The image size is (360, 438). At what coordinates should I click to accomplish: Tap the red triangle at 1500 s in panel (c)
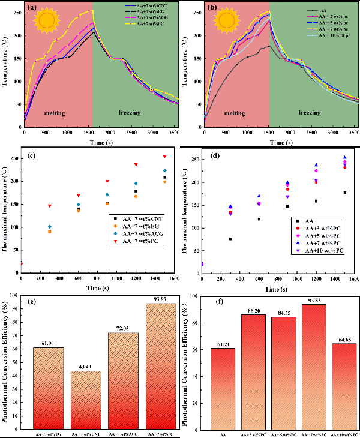(164, 157)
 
